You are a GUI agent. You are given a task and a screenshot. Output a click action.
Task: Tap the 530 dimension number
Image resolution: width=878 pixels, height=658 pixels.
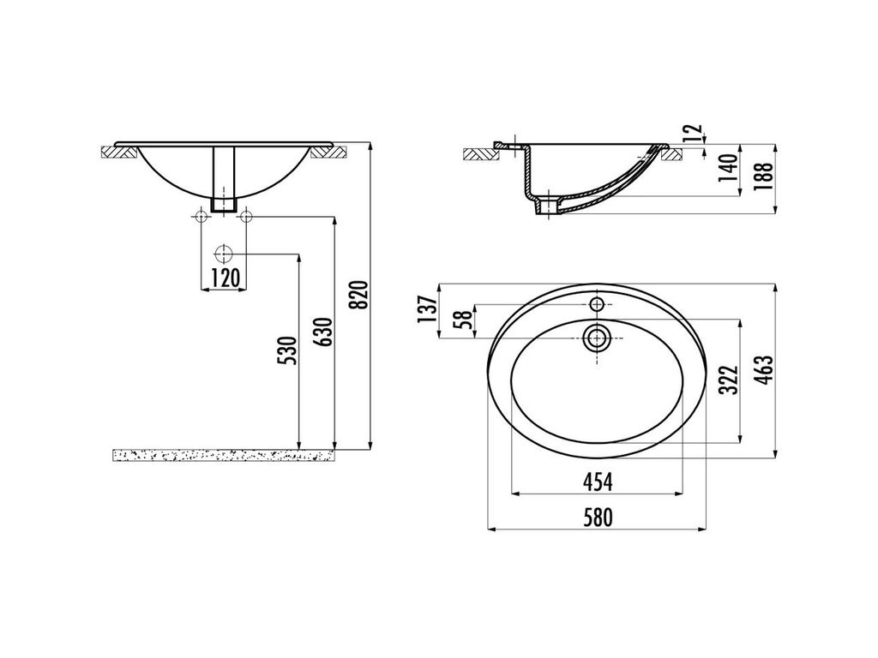pos(289,350)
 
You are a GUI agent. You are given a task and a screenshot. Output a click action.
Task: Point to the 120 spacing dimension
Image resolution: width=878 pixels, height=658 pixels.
pos(224,277)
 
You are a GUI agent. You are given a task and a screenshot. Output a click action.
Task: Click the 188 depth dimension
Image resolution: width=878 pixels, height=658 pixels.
pos(766,175)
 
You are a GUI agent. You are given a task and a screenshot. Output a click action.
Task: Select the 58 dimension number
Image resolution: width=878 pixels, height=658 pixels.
pos(464,320)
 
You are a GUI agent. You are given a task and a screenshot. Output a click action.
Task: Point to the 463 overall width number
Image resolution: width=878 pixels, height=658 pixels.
pos(766,368)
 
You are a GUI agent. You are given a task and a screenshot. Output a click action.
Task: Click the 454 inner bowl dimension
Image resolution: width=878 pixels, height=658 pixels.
pos(598,483)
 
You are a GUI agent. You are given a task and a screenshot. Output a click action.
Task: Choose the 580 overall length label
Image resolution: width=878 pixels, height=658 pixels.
pos(598,517)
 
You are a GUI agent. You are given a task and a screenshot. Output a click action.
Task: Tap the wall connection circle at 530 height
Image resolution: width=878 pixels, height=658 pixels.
pos(224,254)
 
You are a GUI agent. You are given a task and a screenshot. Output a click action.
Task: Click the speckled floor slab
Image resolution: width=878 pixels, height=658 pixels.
pos(224,455)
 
